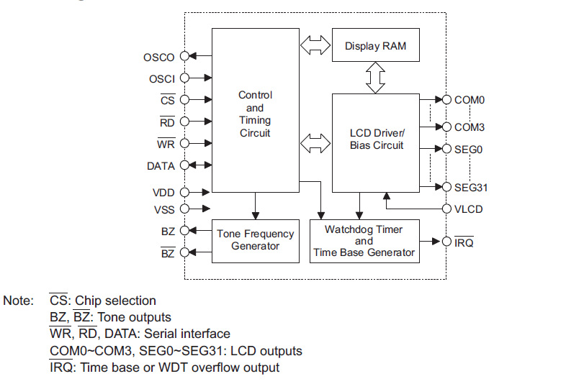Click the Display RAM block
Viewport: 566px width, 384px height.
pyautogui.click(x=375, y=46)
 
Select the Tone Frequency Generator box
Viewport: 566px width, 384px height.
pyautogui.click(x=255, y=239)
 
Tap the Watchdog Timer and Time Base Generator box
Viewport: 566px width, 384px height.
pyautogui.click(x=364, y=241)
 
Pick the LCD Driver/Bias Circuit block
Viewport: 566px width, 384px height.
pyautogui.click(x=377, y=140)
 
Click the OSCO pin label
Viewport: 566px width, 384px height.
pyautogui.click(x=159, y=57)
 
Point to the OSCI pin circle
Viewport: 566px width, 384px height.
pyautogui.click(x=184, y=78)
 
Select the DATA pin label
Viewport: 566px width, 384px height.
pyautogui.click(x=160, y=166)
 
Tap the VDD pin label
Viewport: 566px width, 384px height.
pyautogui.click(x=163, y=193)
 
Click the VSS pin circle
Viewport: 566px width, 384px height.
pyautogui.click(x=184, y=209)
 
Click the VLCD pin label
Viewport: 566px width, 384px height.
pyautogui.click(x=469, y=209)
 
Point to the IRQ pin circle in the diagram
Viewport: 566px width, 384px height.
pyautogui.click(x=447, y=241)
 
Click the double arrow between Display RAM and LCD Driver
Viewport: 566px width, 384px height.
pyautogui.click(x=375, y=76)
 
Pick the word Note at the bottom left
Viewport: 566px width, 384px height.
pyautogui.click(x=19, y=301)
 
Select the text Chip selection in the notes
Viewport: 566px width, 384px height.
pyautogui.click(x=115, y=301)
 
